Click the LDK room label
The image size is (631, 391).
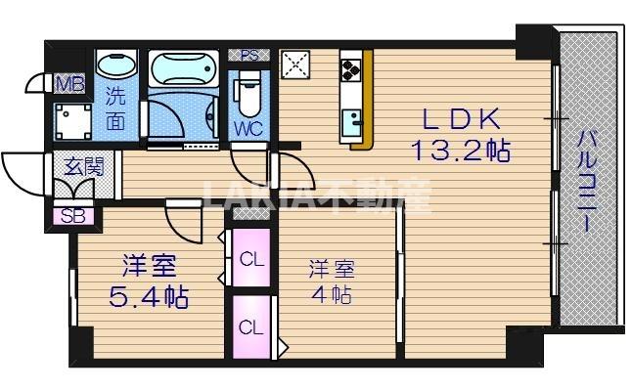point(462,120)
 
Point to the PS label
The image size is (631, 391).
point(248,55)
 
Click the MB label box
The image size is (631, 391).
point(68,83)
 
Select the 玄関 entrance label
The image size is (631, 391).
point(83,166)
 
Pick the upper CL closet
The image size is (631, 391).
point(251,260)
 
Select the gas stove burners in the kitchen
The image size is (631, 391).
point(352,70)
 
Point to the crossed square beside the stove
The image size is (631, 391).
point(295,65)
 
